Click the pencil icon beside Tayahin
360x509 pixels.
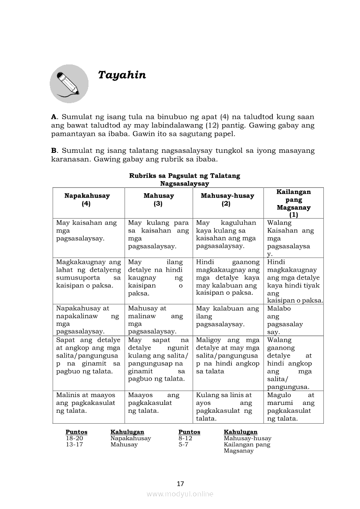coord(69,84)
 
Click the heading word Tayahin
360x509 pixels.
coord(122,75)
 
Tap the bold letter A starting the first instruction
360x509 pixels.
coord(54,117)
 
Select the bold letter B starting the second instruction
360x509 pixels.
coord(54,150)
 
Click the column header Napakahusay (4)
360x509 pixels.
coord(87,199)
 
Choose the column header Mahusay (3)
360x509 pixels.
coord(158,199)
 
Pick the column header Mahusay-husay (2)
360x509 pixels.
coord(227,199)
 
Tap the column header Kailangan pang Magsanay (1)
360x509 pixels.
coord(293,203)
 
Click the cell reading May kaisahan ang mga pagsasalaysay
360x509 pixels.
coord(87,230)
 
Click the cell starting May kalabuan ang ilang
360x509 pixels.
coord(228,316)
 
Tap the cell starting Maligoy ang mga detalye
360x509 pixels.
coord(228,355)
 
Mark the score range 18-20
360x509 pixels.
coord(74,438)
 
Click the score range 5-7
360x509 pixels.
coord(183,444)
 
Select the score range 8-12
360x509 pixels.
coord(185,438)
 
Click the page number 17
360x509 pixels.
coord(180,483)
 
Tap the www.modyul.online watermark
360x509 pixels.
coord(180,494)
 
